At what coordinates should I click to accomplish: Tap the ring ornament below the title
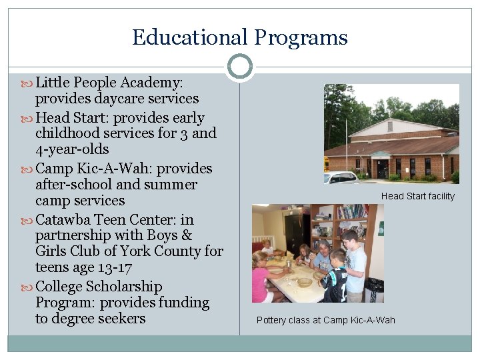(240, 67)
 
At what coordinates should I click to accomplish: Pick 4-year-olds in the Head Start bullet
(72, 149)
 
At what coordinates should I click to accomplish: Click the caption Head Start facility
(417, 196)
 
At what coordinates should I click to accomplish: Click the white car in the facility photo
(341, 177)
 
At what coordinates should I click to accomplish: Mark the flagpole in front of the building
(347, 157)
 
